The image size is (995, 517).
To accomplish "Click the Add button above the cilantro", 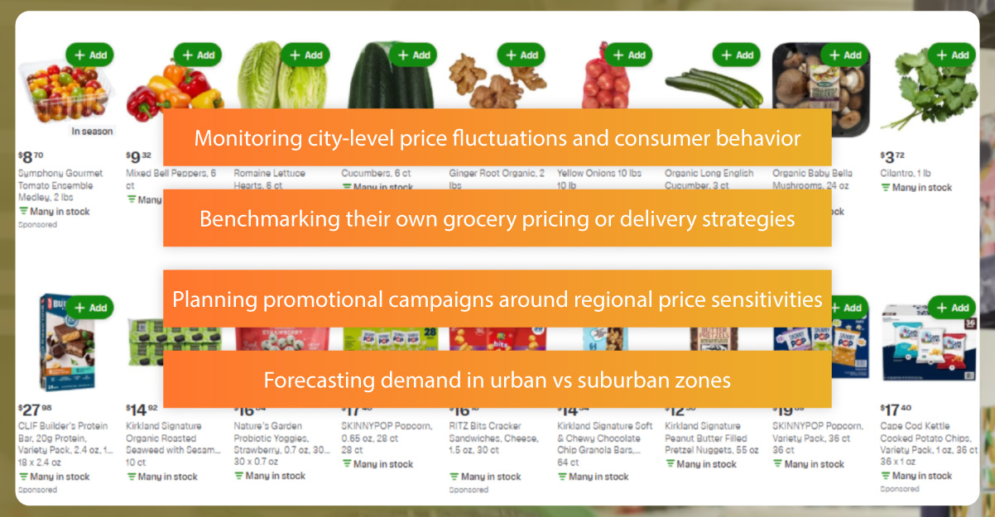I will [x=951, y=55].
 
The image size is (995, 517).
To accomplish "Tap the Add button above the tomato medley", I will [x=89, y=55].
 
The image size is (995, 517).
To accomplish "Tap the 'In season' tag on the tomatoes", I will [x=92, y=131].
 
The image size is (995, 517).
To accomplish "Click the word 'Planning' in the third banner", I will [x=207, y=299].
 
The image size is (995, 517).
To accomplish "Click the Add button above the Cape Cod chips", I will [x=951, y=308].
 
